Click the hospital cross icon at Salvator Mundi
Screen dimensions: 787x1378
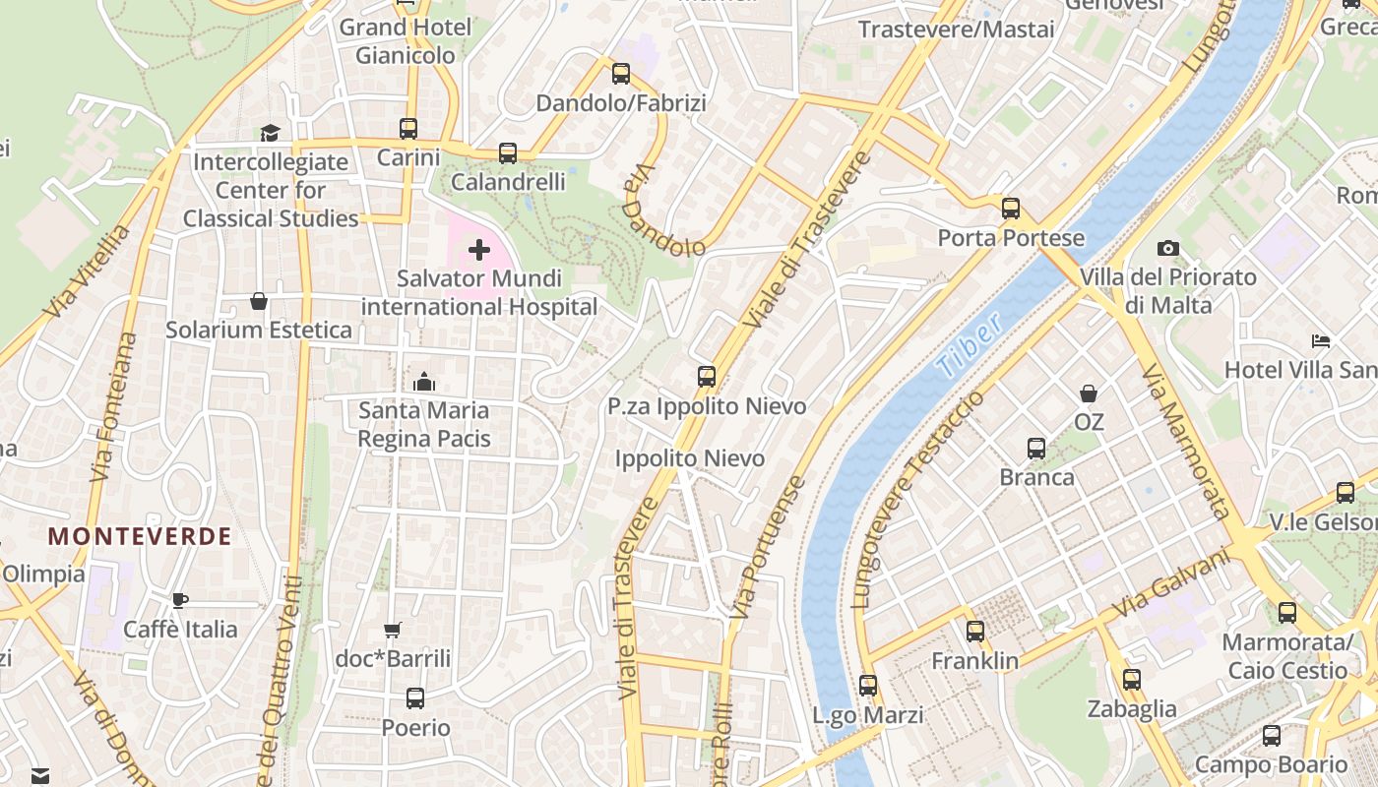[x=479, y=250]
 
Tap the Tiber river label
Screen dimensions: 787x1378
[x=969, y=345]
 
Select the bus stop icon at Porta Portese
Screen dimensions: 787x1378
[x=1011, y=209]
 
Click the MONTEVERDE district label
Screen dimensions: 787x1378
[x=140, y=536]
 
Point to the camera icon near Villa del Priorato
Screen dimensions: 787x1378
[x=1168, y=248]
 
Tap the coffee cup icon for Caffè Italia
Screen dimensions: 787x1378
[x=180, y=599]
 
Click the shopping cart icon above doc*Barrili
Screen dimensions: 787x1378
[x=393, y=630]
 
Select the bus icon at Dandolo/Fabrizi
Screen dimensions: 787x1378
[x=621, y=74]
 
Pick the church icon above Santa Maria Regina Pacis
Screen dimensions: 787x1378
[x=424, y=381]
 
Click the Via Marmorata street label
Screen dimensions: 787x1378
[x=1185, y=441]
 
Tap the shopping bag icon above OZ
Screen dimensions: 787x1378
[x=1089, y=393]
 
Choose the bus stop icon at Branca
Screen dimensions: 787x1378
[x=1036, y=449]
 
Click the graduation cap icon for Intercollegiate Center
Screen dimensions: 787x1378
[x=270, y=133]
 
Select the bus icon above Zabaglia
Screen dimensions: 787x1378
[x=1132, y=679]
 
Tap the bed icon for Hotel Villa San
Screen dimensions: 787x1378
[x=1321, y=341]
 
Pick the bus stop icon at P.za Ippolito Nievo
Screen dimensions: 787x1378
[x=707, y=376]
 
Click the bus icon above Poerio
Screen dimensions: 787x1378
[x=415, y=698]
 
